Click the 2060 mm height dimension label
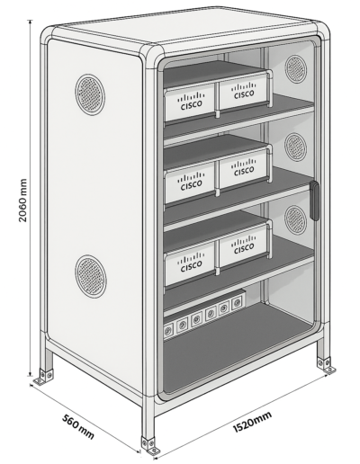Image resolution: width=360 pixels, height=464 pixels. (22, 200)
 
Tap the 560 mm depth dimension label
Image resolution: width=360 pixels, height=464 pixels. (78, 426)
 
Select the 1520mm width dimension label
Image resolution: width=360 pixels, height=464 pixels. (253, 421)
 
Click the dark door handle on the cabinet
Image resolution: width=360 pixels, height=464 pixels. (314, 200)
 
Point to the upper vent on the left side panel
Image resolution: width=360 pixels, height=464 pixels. (90, 94)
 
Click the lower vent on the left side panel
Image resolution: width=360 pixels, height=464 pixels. (91, 276)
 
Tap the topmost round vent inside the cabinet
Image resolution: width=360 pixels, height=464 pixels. (296, 69)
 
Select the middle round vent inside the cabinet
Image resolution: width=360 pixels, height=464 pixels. (296, 147)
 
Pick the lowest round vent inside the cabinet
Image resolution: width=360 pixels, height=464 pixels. (296, 219)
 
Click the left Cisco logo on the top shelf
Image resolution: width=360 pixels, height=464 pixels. (191, 102)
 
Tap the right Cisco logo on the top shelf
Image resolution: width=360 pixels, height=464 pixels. (244, 91)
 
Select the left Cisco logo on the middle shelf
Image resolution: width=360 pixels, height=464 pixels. (191, 182)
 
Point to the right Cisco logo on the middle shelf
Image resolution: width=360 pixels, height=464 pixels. (244, 168)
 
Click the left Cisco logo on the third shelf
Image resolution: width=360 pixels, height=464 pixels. (191, 262)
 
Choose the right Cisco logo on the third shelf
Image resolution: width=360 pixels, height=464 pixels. (244, 245)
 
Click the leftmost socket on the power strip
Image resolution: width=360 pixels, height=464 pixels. (167, 331)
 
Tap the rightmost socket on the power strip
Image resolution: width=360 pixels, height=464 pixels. (237, 300)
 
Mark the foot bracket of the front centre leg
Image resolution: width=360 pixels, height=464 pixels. (151, 447)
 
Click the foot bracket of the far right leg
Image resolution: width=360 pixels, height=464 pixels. (326, 365)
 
